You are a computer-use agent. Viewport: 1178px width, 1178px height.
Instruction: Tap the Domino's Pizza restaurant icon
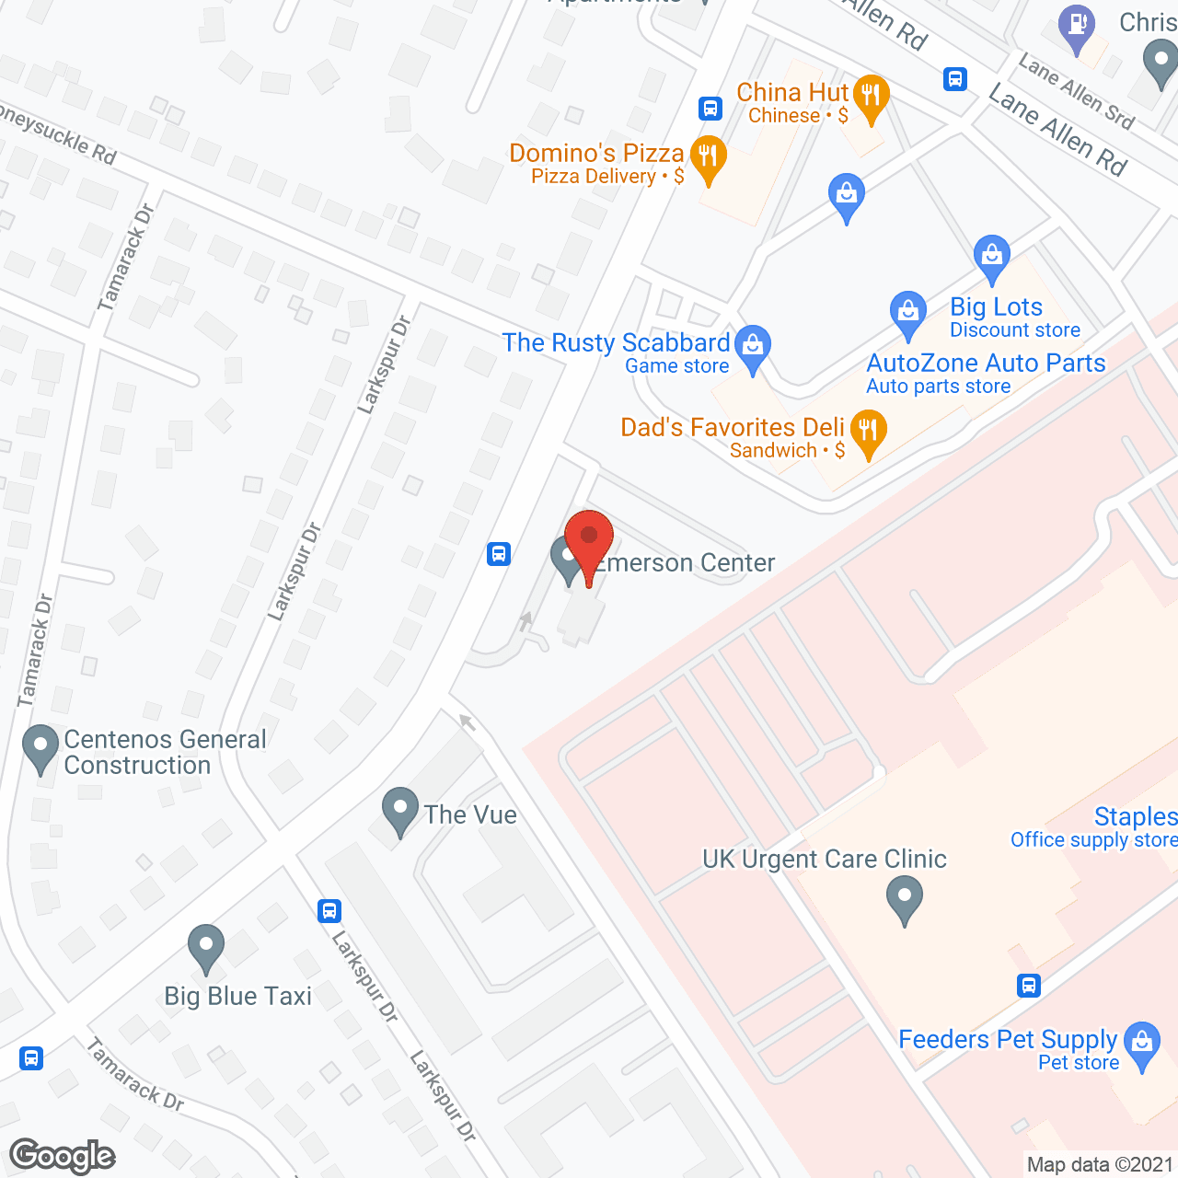click(x=708, y=157)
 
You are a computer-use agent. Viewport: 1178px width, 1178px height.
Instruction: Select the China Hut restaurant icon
click(x=870, y=96)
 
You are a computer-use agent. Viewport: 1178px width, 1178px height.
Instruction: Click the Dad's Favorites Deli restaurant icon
click(x=868, y=432)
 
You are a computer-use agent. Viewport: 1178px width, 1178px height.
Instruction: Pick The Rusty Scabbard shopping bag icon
click(x=753, y=348)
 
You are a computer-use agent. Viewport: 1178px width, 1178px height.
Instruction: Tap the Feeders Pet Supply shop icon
click(x=1142, y=1044)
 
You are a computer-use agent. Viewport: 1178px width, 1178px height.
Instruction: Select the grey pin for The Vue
click(x=400, y=809)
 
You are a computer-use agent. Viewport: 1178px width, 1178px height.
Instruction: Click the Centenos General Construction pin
click(x=40, y=746)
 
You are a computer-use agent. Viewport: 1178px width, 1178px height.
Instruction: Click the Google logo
click(x=63, y=1156)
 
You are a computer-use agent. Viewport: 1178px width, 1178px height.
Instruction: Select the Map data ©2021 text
click(x=1100, y=1165)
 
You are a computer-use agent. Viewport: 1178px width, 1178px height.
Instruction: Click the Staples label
click(x=1135, y=816)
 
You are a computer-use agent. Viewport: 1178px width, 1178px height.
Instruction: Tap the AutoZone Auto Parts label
click(x=986, y=364)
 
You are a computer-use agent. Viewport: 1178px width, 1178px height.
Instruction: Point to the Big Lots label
click(x=996, y=307)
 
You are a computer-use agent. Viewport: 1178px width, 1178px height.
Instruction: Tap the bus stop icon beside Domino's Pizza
click(x=710, y=109)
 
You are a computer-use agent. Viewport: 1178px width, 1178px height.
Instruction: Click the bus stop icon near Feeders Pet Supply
click(x=1029, y=986)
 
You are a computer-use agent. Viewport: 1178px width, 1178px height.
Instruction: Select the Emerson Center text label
click(x=687, y=563)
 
